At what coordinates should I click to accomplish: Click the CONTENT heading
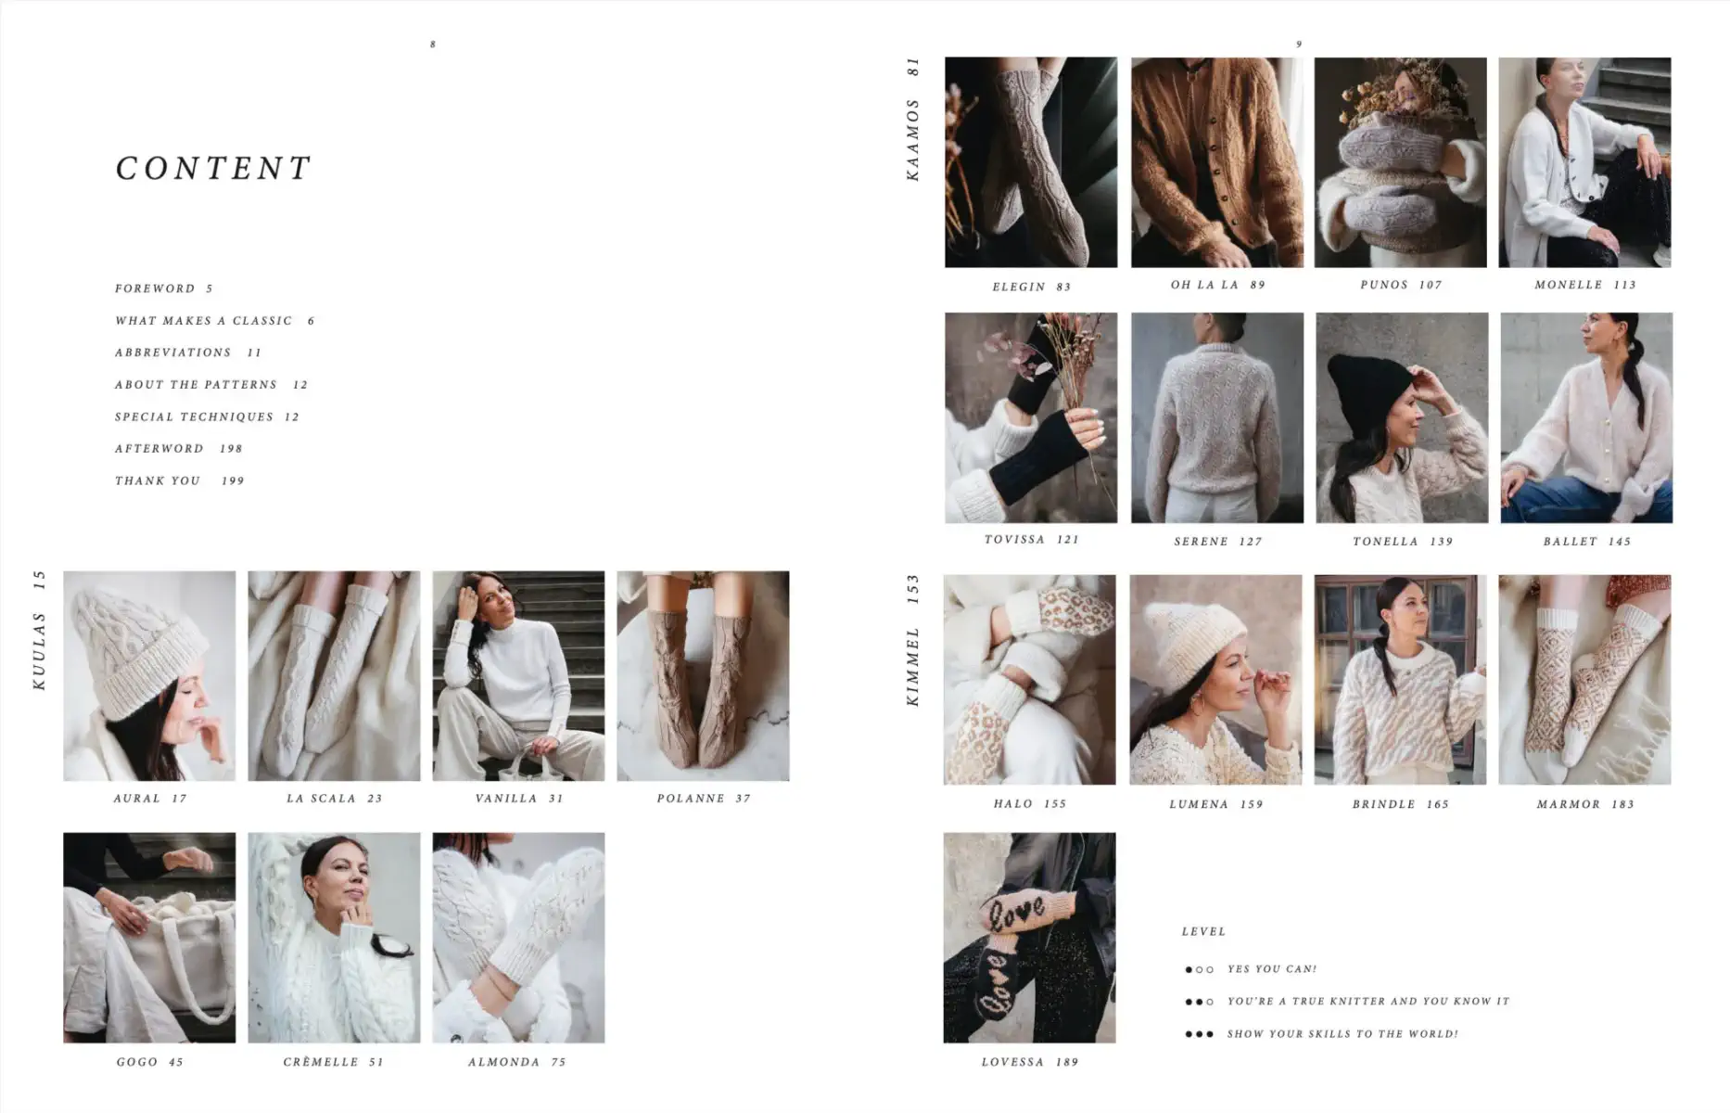pos(213,169)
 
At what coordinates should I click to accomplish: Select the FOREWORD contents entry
pos(155,288)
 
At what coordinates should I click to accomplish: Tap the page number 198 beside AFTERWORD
pos(231,449)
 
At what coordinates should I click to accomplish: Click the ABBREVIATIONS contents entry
pos(173,352)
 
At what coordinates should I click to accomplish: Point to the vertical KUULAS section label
pos(39,649)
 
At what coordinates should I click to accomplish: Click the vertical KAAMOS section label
pos(912,139)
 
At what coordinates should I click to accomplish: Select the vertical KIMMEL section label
pos(912,666)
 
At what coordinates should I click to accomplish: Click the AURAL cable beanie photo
pos(149,675)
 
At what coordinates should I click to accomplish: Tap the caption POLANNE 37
pos(703,799)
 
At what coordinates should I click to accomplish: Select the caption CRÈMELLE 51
pos(333,1062)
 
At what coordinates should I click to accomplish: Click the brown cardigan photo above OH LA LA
pos(1215,162)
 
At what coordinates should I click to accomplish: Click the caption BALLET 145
pos(1586,542)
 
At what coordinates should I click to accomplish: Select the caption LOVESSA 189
pos(1029,1062)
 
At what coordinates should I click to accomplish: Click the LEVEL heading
pos(1203,931)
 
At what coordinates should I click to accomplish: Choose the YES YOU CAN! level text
pos(1271,969)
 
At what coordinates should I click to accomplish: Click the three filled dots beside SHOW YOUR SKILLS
pos(1199,1034)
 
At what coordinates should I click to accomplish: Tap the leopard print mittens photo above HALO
pos(1029,679)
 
